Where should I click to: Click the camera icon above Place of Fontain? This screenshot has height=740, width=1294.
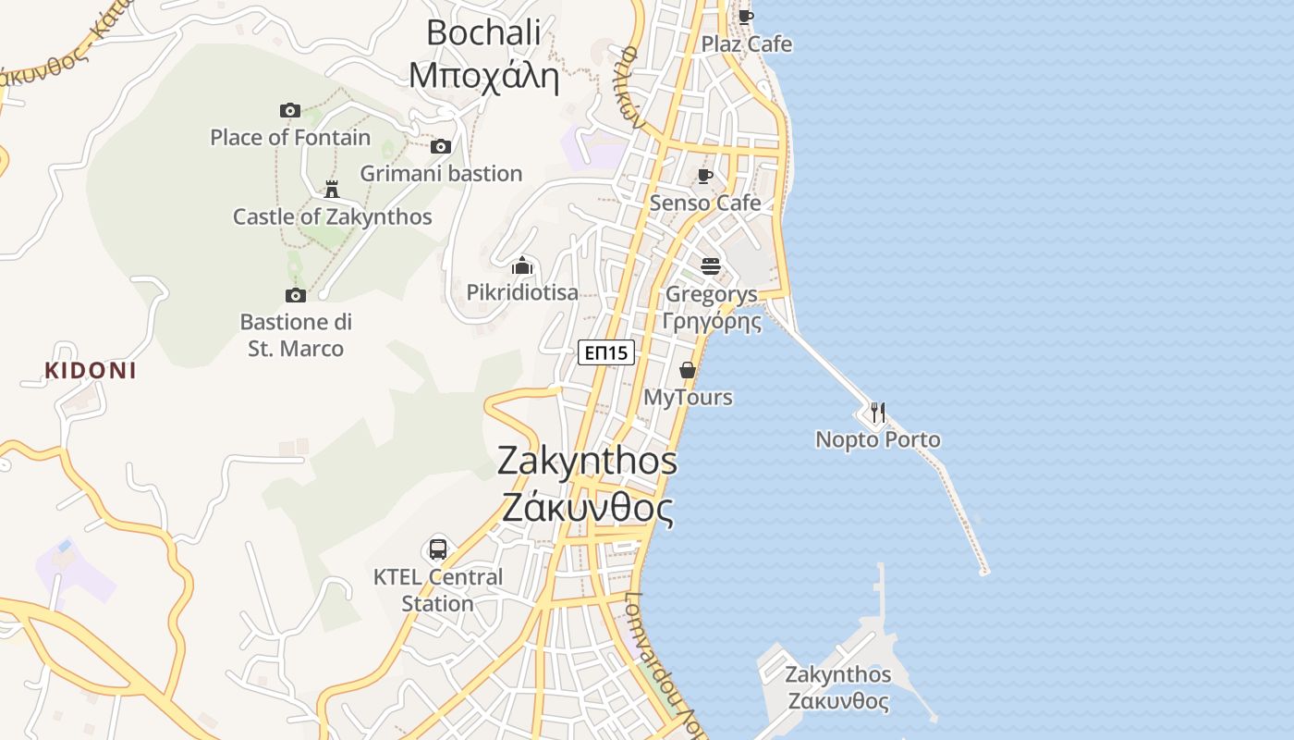click(290, 111)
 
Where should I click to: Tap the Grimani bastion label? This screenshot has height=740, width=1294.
click(441, 174)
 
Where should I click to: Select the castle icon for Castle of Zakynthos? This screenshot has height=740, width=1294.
click(332, 190)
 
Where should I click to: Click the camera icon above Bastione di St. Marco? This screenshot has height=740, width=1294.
click(296, 295)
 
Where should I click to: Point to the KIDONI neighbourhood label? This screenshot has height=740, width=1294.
click(91, 371)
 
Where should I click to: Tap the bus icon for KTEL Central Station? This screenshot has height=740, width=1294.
click(438, 549)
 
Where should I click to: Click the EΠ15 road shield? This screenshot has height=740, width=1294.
click(606, 352)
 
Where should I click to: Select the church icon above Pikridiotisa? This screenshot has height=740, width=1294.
click(522, 266)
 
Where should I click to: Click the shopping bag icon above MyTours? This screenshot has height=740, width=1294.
click(688, 370)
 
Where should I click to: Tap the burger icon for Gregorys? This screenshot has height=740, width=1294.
click(711, 266)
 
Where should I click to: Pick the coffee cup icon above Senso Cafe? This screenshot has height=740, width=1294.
click(705, 176)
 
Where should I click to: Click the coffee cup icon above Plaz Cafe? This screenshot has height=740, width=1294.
click(746, 17)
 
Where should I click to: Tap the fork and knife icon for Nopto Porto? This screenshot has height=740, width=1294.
click(878, 412)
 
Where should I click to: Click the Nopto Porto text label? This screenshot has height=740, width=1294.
click(878, 439)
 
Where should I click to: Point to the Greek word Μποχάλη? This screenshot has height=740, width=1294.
click(483, 76)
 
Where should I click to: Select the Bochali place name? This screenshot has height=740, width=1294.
click(483, 32)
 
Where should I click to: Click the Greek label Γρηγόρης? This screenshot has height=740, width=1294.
click(712, 321)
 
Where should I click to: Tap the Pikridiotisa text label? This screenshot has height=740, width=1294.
click(522, 293)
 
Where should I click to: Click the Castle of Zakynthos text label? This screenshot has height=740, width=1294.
click(332, 217)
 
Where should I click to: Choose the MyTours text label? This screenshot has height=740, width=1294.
click(688, 398)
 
